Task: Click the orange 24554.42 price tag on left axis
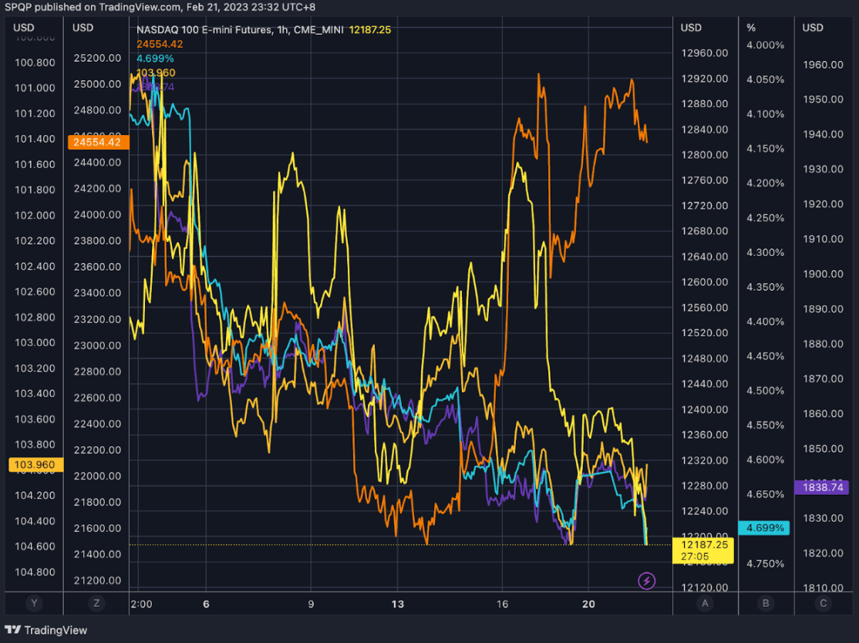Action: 98,142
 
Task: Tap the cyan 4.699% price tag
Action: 765,528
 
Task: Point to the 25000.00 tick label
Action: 96,84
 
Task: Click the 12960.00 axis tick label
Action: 704,53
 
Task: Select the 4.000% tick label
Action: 765,45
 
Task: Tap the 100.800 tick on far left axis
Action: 35,62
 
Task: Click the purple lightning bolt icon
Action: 647,580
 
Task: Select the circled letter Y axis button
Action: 32,604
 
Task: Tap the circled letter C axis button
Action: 824,604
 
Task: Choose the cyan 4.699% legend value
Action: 155,59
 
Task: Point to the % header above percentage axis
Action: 751,28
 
